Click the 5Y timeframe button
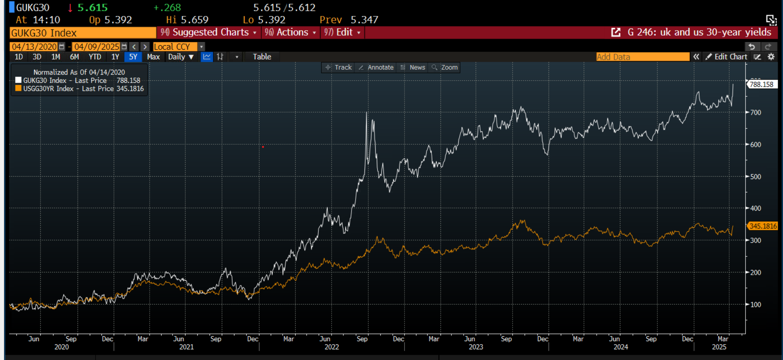click(x=133, y=57)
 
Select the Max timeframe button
click(x=153, y=57)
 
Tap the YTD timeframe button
click(x=95, y=57)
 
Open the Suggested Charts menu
click(x=208, y=33)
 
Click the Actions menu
click(x=290, y=33)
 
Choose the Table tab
click(x=262, y=57)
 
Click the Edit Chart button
click(x=727, y=57)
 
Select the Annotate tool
click(x=376, y=68)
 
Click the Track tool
click(x=339, y=68)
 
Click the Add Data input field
click(x=642, y=57)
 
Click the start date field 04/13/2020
click(x=34, y=47)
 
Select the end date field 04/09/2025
click(x=97, y=47)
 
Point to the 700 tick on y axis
click(x=756, y=113)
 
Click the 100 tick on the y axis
click(x=756, y=305)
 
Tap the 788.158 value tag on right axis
click(x=761, y=84)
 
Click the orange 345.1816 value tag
click(x=763, y=226)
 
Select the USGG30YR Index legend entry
click(x=80, y=89)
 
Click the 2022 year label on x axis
click(x=332, y=347)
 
